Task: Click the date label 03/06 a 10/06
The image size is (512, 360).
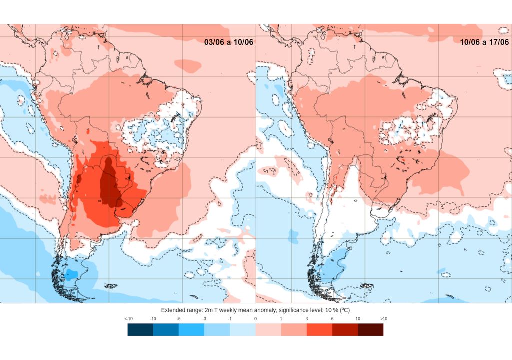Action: pos(229,42)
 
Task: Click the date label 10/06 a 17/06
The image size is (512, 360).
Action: pos(484,42)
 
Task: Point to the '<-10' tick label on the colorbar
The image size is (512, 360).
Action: pos(128,319)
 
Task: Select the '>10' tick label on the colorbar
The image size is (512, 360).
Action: pos(383,319)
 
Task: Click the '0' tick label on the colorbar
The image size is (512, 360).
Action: pos(255,319)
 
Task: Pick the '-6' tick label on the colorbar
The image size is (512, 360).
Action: pos(179,319)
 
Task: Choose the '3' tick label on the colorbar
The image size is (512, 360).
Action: pos(306,319)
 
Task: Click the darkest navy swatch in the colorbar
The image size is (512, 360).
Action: pos(140,329)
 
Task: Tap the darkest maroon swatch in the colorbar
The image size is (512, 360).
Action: pos(371,329)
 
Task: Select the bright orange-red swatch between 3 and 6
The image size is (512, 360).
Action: pos(319,329)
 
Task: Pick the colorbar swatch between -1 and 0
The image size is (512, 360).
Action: pos(243,329)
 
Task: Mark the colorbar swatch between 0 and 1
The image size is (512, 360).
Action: pos(268,329)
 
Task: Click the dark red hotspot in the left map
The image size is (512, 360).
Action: pos(110,187)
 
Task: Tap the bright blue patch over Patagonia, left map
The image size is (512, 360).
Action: pos(71,274)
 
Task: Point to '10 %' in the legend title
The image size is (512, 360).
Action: pos(332,310)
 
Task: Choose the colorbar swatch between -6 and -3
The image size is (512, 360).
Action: pos(191,329)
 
